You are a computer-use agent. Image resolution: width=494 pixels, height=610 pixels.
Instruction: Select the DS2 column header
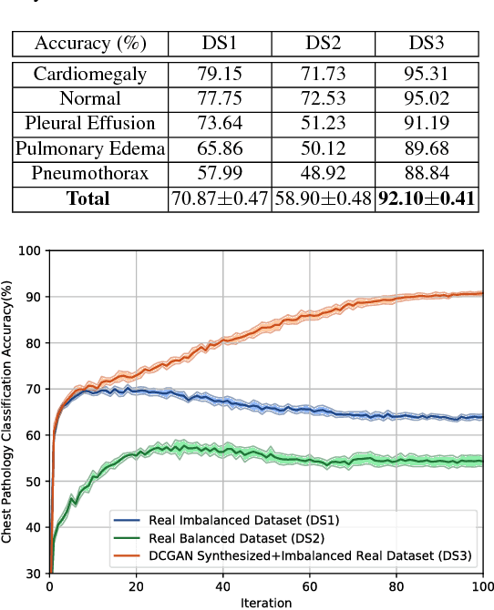point(323,43)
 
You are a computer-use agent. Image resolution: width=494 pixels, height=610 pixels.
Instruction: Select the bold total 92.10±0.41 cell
point(428,198)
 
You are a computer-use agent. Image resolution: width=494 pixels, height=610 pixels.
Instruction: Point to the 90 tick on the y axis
point(34,297)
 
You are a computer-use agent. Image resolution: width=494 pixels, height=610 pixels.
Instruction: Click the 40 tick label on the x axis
point(223,587)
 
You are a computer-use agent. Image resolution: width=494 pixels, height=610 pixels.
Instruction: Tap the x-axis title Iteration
point(266,603)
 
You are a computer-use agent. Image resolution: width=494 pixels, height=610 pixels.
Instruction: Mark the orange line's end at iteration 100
point(482,293)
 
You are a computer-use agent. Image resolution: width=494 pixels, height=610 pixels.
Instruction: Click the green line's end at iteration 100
point(482,462)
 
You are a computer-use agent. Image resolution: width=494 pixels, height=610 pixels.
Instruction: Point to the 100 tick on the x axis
point(482,587)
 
